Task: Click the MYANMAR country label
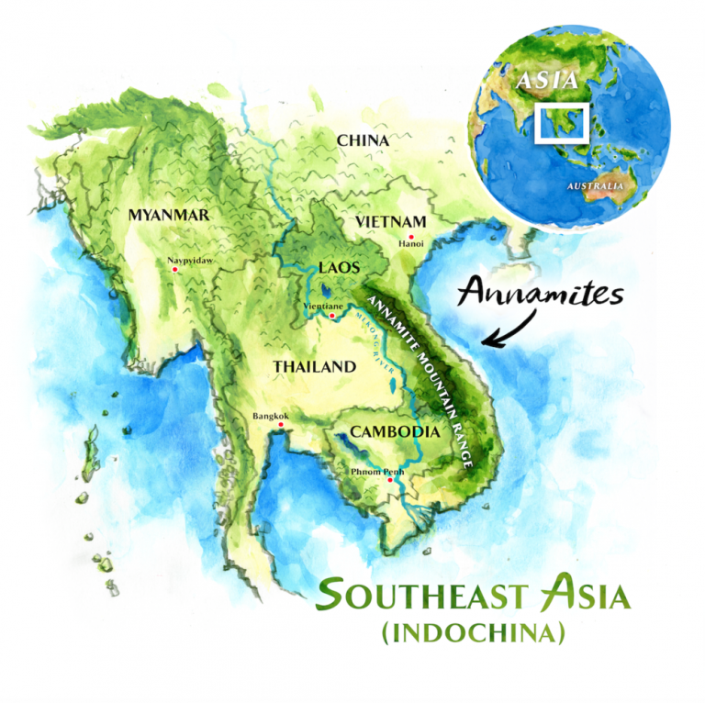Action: pyautogui.click(x=169, y=215)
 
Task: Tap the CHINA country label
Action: pyautogui.click(x=363, y=140)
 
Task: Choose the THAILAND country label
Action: pyautogui.click(x=314, y=367)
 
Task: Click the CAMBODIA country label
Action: pyautogui.click(x=386, y=431)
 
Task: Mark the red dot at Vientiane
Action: pyautogui.click(x=331, y=317)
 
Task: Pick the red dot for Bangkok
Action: pyautogui.click(x=281, y=425)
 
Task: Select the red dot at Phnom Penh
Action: pyautogui.click(x=390, y=480)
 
